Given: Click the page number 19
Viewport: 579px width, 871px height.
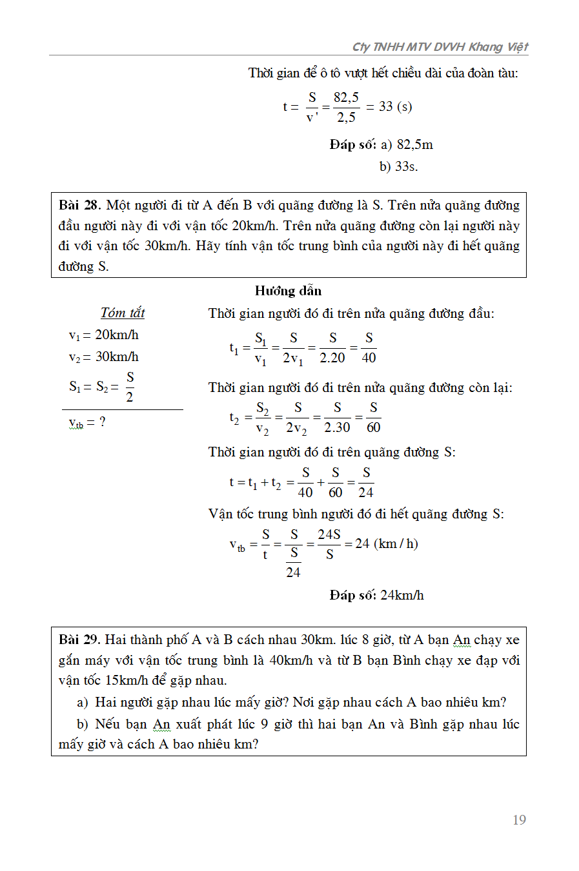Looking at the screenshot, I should (519, 820).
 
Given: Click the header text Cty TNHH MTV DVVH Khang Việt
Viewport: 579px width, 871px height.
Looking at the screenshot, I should (440, 47).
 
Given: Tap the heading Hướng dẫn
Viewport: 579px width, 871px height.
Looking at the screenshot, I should (288, 291).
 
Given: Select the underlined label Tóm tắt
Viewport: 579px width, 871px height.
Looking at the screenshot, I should (123, 313).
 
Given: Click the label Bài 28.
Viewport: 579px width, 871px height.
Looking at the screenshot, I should (79, 206).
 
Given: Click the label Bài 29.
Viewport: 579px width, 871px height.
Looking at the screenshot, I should (79, 640).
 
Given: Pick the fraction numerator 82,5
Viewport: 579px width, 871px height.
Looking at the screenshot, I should (346, 97).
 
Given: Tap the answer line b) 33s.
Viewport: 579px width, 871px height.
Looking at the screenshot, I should (398, 166).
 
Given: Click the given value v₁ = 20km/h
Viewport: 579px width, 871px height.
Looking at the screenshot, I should (103, 335).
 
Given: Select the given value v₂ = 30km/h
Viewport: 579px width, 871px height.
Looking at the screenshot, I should (103, 357).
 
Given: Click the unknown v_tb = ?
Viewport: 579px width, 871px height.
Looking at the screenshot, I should (87, 423).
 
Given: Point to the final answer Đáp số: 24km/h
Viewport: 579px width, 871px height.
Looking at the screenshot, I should (376, 595).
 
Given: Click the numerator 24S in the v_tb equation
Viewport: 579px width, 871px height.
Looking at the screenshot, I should (329, 534).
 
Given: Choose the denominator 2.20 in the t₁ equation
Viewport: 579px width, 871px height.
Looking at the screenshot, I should (332, 358).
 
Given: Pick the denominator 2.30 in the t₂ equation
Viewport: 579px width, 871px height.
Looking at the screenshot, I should (337, 427).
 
